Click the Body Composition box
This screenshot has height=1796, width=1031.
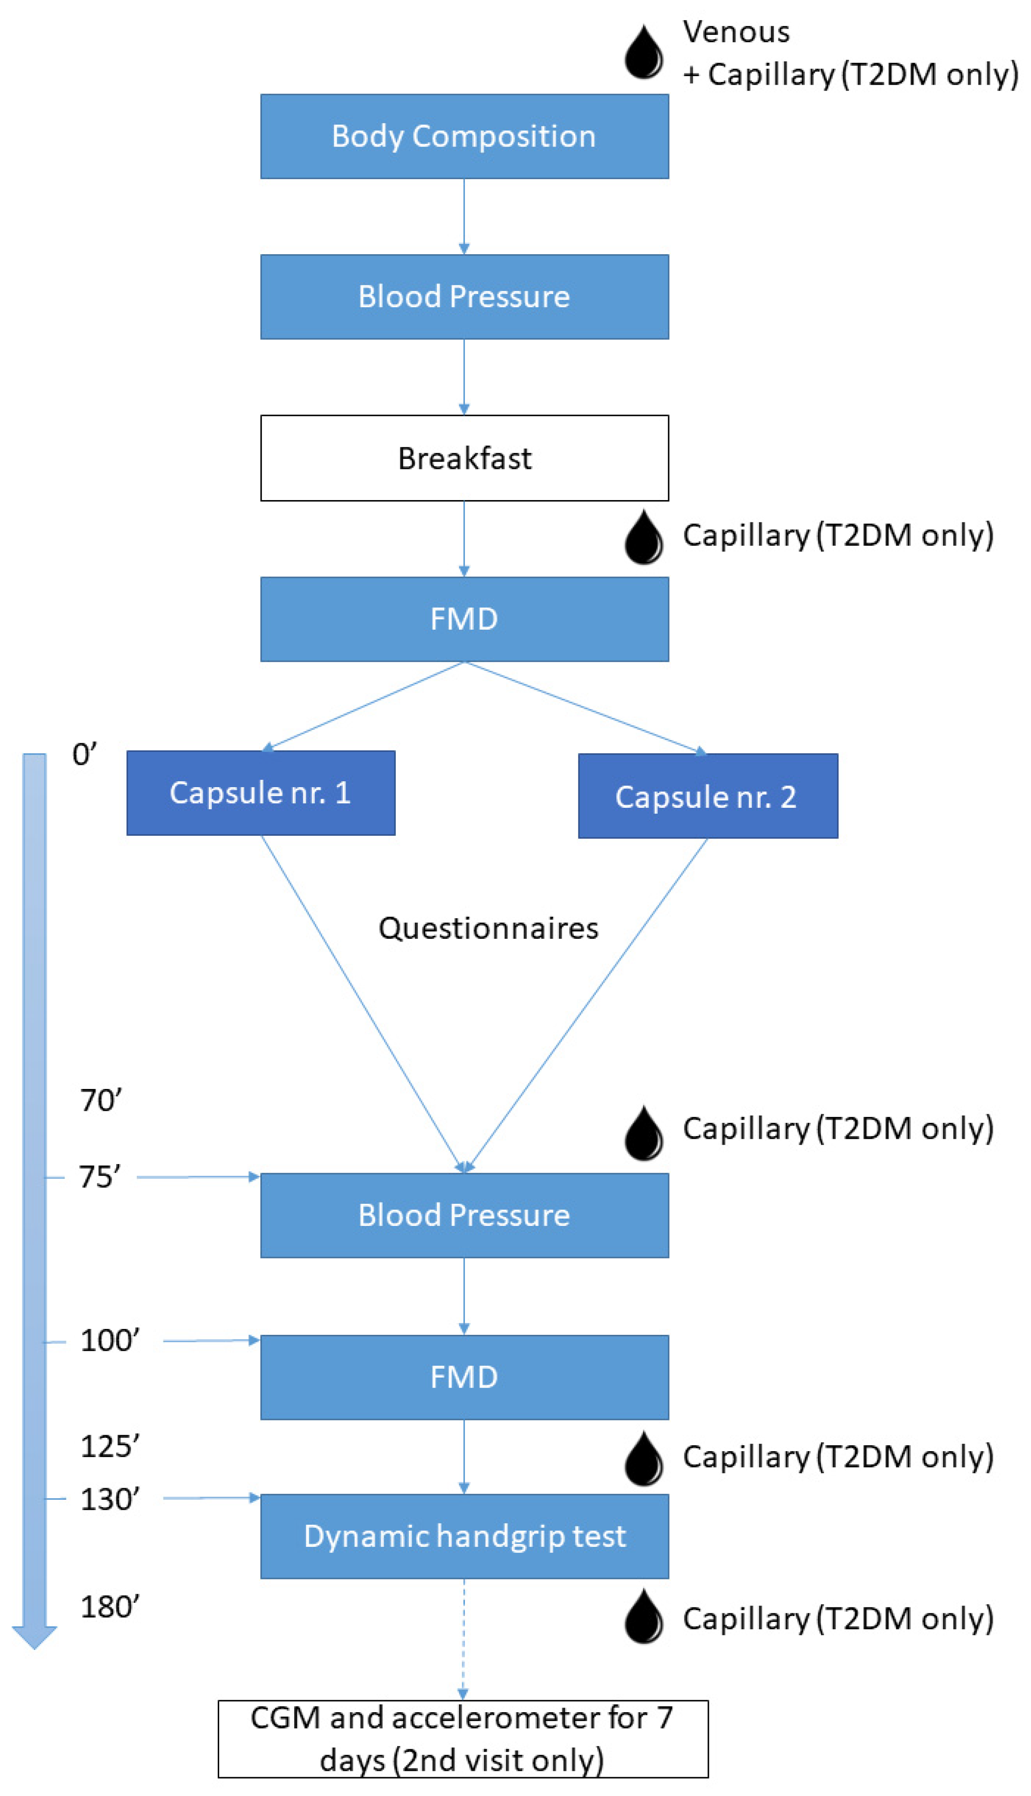(464, 136)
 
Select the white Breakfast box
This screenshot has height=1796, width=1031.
(464, 457)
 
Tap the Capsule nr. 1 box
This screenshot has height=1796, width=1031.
(260, 792)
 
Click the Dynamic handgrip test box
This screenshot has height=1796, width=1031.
(464, 1536)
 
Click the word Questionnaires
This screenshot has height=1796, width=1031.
(488, 928)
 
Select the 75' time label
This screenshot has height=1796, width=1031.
(100, 1177)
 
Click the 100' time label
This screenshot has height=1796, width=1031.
(110, 1340)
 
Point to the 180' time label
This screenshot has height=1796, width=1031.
(110, 1607)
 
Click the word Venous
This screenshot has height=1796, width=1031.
(736, 32)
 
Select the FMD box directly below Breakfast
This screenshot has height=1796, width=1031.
(464, 619)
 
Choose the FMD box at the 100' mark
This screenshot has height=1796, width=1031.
(464, 1377)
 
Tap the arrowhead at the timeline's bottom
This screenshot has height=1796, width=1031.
(34, 1637)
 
